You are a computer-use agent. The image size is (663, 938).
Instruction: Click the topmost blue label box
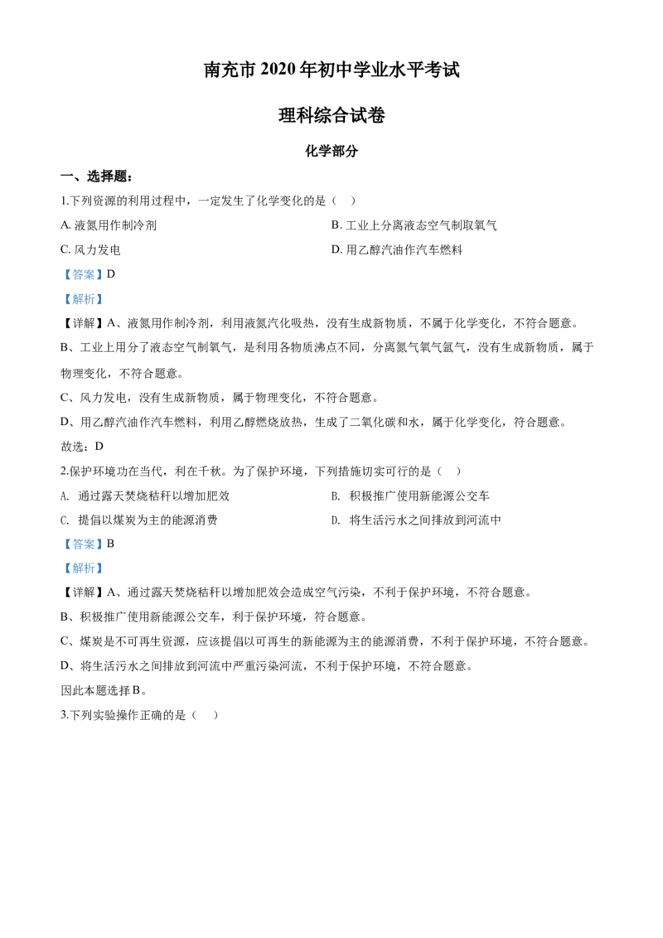[83, 275]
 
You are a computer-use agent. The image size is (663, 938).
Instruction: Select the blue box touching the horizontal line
[83, 298]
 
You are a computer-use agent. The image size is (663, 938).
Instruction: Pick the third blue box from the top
[83, 544]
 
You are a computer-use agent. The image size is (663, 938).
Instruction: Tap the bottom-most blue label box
[83, 568]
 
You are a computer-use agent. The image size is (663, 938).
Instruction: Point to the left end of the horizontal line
[81, 308]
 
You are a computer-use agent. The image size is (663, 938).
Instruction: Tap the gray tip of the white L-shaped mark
[102, 440]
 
